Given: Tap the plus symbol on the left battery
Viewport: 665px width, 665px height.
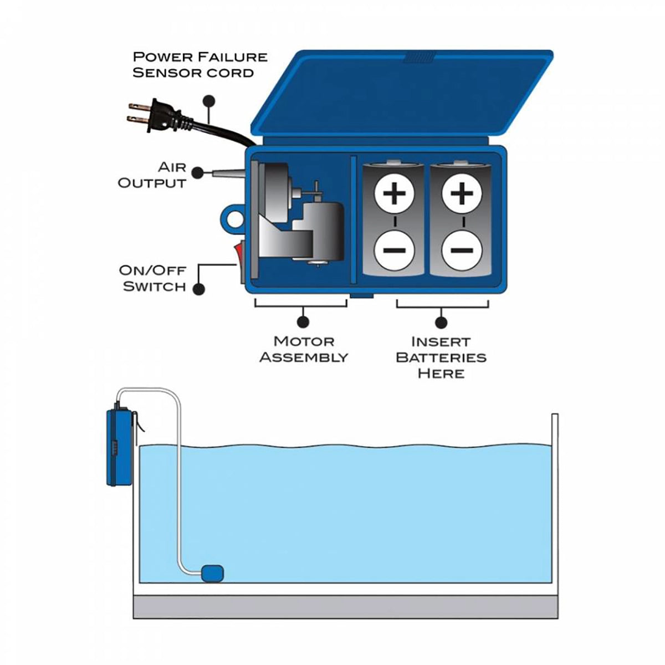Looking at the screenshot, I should pyautogui.click(x=394, y=195).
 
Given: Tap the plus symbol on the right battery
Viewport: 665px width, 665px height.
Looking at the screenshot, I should pyautogui.click(x=461, y=195).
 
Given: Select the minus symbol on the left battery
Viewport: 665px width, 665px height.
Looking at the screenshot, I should pyautogui.click(x=394, y=249).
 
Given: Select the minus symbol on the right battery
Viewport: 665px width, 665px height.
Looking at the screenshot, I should pyautogui.click(x=461, y=249).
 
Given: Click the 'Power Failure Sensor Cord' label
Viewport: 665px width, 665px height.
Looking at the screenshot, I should pyautogui.click(x=199, y=64).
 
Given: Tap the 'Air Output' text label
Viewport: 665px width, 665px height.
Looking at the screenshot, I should pyautogui.click(x=152, y=175).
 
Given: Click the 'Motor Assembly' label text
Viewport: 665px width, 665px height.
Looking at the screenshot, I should pyautogui.click(x=304, y=349).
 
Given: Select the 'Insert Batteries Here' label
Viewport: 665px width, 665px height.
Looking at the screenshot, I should pyautogui.click(x=441, y=357).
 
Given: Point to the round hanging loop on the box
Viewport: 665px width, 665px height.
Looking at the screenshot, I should pyautogui.click(x=233, y=218).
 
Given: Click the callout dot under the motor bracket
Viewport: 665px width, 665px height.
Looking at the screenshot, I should pyautogui.click(x=303, y=321).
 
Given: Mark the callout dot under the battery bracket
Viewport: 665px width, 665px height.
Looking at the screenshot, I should pyautogui.click(x=441, y=321).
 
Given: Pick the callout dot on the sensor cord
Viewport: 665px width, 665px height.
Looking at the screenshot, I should pyautogui.click(x=209, y=101).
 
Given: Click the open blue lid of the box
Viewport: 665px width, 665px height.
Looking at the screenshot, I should pyautogui.click(x=402, y=94).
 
